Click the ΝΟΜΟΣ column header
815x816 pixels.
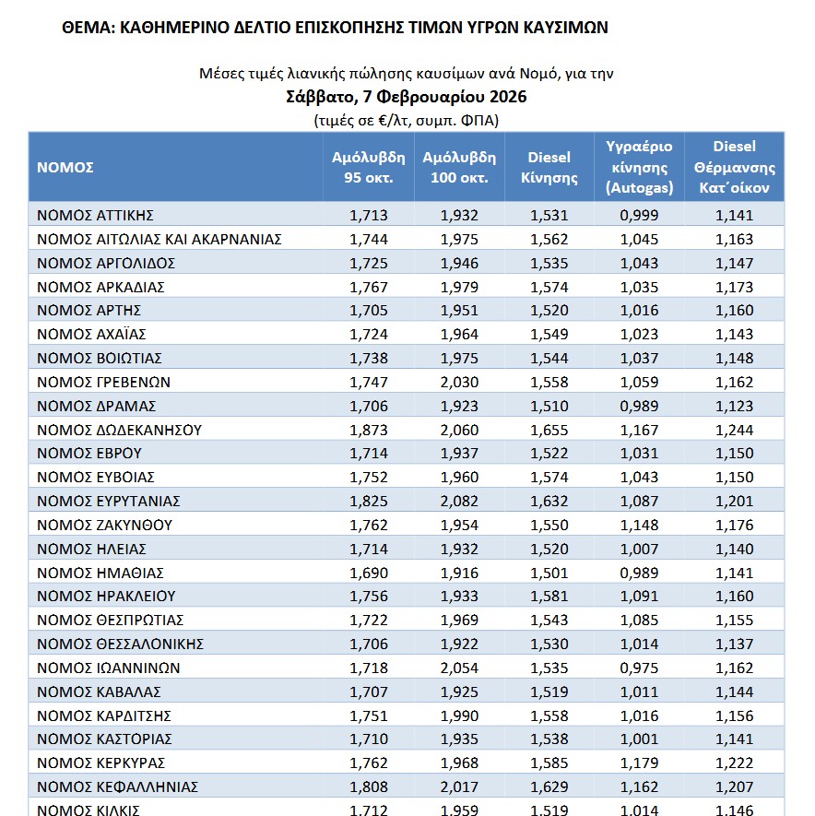(x=65, y=168)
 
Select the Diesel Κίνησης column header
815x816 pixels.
(x=549, y=168)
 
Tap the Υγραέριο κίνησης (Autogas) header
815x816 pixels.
(x=639, y=168)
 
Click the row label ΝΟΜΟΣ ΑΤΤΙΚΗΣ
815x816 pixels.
(x=95, y=216)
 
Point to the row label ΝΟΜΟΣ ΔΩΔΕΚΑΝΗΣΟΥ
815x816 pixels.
(x=119, y=430)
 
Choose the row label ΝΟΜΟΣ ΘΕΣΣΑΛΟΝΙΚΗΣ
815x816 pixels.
(x=120, y=644)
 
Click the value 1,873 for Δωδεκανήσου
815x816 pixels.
(x=369, y=430)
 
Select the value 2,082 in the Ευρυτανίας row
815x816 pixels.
(x=459, y=501)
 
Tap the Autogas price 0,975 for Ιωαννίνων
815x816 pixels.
(x=640, y=668)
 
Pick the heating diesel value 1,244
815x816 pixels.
(x=735, y=430)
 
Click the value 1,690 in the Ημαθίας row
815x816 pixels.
(x=369, y=573)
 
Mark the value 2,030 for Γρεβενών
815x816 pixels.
(x=459, y=382)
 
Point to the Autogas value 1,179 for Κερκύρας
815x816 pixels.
(x=640, y=763)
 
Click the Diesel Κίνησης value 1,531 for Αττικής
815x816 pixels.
(x=549, y=216)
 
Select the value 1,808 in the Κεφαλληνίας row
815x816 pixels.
(x=369, y=786)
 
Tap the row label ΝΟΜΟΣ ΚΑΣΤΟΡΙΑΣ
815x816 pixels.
(x=104, y=739)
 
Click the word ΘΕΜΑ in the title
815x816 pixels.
(x=86, y=28)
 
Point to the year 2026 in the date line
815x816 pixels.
(x=507, y=97)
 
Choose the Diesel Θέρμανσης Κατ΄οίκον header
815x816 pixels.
(x=735, y=168)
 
